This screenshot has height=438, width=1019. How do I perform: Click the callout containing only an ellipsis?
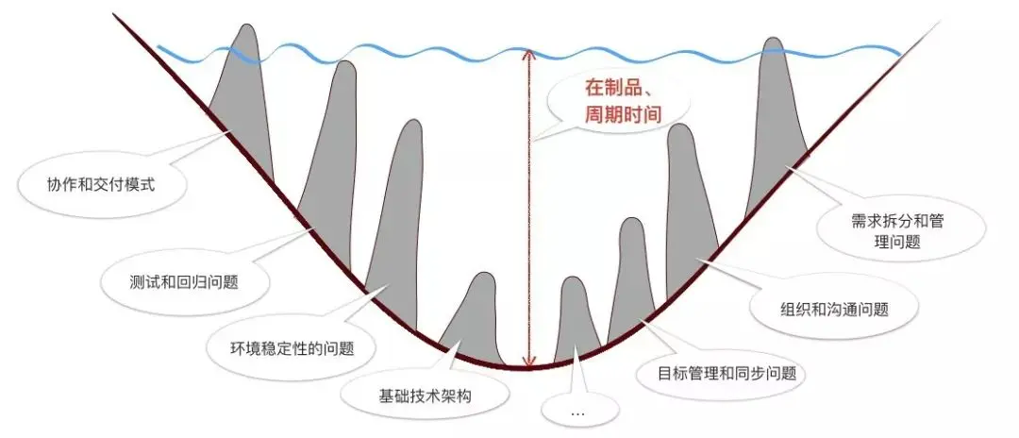(578, 413)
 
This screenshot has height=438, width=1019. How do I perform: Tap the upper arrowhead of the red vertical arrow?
(531, 54)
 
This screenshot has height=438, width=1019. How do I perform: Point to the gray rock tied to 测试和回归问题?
(330, 151)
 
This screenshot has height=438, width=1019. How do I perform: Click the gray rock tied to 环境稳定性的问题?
(396, 217)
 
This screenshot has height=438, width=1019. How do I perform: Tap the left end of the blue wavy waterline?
(159, 47)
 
